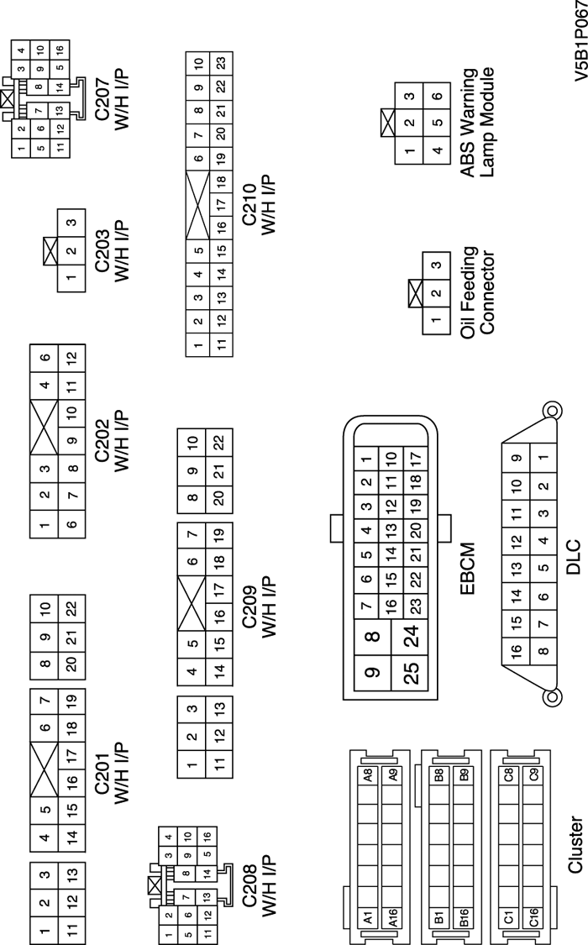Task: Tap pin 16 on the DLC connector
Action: point(518,649)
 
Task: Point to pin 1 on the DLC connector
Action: point(545,457)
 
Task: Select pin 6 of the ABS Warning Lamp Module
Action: point(437,96)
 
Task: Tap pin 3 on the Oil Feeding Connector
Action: point(435,266)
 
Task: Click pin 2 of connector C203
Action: point(72,250)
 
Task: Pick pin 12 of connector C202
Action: point(72,357)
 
